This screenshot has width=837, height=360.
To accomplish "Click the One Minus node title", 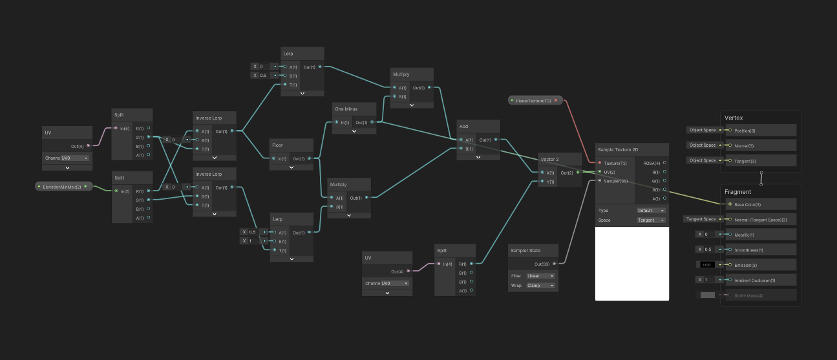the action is [x=346, y=109].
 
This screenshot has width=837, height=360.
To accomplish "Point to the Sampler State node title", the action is [x=525, y=250].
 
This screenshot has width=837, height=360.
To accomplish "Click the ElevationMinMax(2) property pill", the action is [x=62, y=187].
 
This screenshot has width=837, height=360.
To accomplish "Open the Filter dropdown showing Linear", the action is [x=541, y=276].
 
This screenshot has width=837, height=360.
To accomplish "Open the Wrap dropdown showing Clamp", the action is [x=541, y=285].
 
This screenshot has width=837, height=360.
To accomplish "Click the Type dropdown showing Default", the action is [x=652, y=211].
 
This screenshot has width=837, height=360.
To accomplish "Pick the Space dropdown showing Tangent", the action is [x=652, y=220].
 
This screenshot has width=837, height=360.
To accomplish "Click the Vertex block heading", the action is [x=734, y=118].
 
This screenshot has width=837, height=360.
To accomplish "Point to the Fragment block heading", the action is [x=737, y=192].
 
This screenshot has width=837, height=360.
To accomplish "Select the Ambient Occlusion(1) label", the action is [x=755, y=280].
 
